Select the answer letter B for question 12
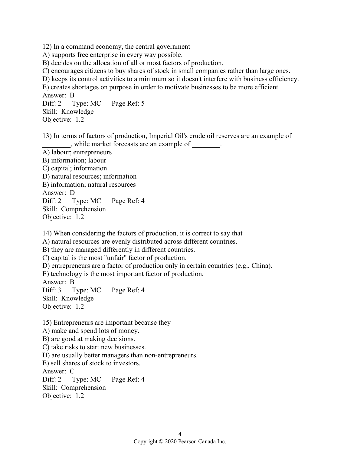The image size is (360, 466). [x=72, y=95]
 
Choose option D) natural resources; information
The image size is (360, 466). [x=89, y=176]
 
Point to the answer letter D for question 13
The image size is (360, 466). [x=72, y=193]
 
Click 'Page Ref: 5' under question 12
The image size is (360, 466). [x=128, y=103]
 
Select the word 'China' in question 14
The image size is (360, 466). [x=260, y=266]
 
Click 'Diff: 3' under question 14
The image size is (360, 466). [x=52, y=290]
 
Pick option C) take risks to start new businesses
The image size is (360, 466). [x=94, y=347]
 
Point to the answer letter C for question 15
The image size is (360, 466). [x=72, y=371]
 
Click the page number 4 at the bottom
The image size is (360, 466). [x=180, y=435]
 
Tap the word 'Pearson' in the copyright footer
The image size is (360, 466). [x=187, y=441]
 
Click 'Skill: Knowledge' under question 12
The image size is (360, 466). [x=68, y=112]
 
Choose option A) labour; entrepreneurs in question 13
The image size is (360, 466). [x=77, y=152]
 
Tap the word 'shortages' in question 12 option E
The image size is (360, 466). [x=84, y=87]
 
